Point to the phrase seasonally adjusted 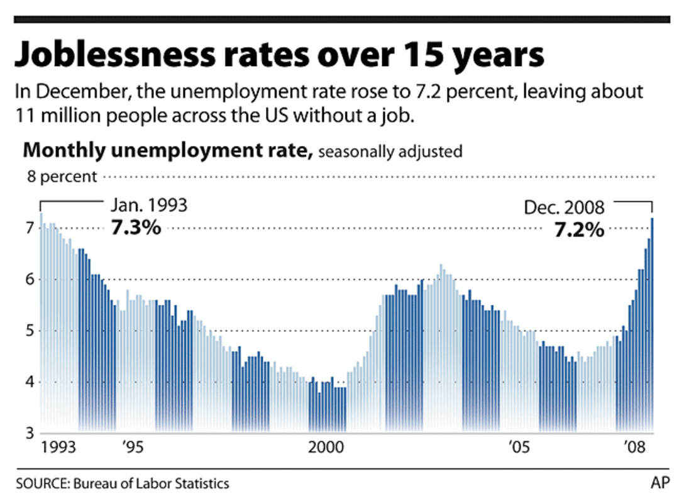[x=391, y=152]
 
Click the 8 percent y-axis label [x=62, y=177]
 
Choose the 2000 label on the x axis [x=326, y=448]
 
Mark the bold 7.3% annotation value [x=136, y=228]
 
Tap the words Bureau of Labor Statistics [x=152, y=484]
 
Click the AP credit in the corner [x=659, y=484]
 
